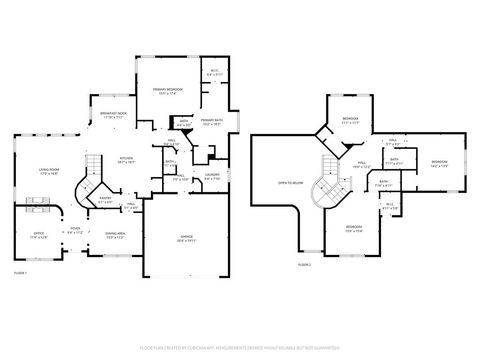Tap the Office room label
pyautogui.click(x=36, y=237)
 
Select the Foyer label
pyautogui.click(x=75, y=231)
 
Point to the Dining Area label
pyautogui.click(x=114, y=235)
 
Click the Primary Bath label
pyautogui.click(x=210, y=123)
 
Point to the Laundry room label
pyautogui.click(x=212, y=176)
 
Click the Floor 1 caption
pyautogui.click(x=20, y=273)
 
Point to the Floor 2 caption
pyautogui.click(x=305, y=264)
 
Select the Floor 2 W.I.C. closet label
pyautogui.click(x=390, y=206)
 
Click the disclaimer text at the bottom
pyautogui.click(x=240, y=349)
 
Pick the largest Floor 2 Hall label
pyautogui.click(x=360, y=165)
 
